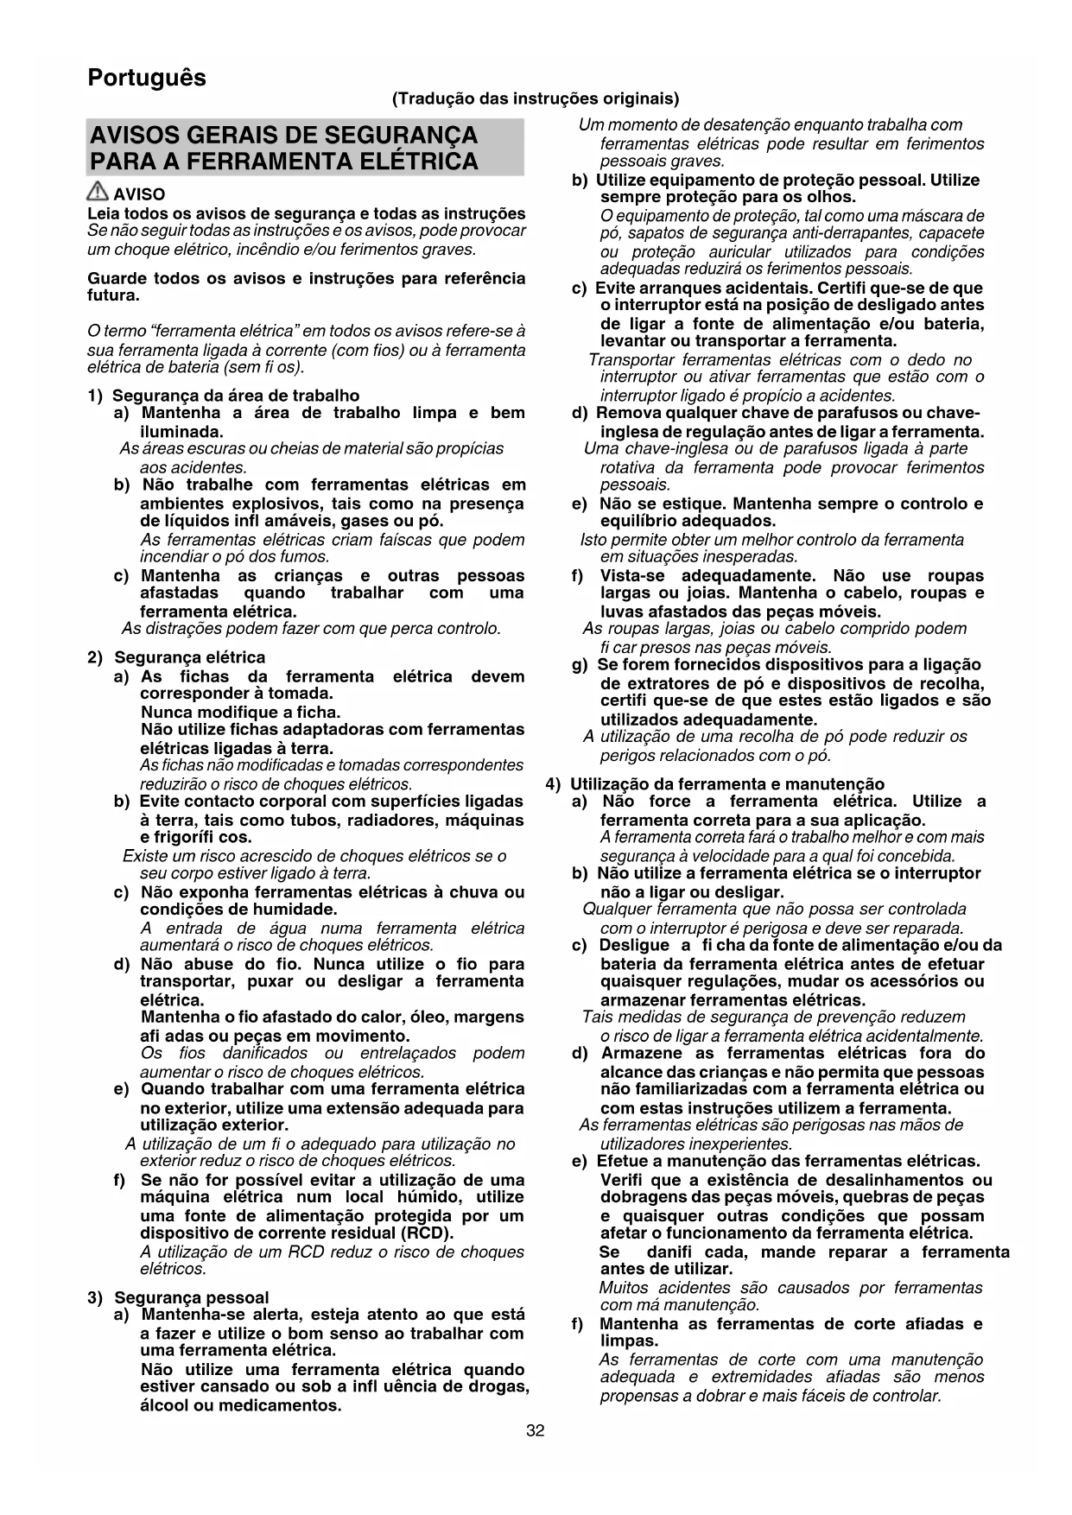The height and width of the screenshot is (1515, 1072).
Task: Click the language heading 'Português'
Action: coord(147,78)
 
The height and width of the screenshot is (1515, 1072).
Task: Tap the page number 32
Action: coord(536,1431)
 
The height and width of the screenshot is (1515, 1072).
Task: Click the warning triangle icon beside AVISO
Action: coord(98,193)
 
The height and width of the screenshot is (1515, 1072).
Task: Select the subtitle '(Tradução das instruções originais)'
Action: coord(536,98)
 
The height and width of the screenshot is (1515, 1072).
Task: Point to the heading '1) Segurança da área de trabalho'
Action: coord(224,396)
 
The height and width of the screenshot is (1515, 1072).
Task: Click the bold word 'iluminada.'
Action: coord(181,431)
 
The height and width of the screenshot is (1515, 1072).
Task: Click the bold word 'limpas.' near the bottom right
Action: coord(629,1341)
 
